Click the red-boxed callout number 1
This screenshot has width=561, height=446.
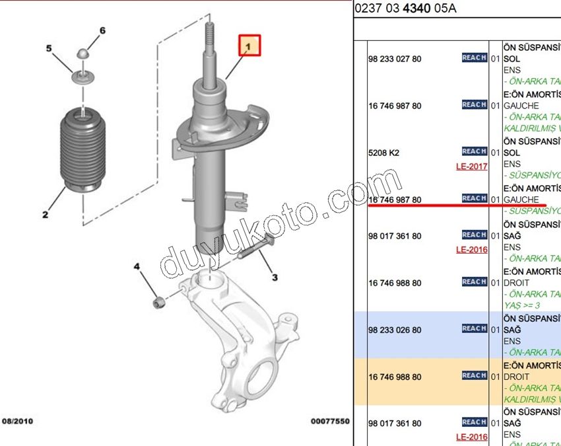click(249, 46)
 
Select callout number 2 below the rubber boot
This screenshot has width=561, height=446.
click(45, 214)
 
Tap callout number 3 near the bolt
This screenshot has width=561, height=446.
click(274, 278)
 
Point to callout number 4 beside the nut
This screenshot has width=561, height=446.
click(137, 267)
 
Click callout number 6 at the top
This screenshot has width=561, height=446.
click(102, 31)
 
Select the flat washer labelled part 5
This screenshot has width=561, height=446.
click(83, 78)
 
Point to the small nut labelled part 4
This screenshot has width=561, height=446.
click(158, 303)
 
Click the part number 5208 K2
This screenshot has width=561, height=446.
click(383, 153)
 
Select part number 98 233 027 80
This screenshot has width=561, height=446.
click(395, 59)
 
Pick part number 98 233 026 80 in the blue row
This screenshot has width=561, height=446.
click(395, 330)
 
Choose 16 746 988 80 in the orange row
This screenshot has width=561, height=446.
click(395, 377)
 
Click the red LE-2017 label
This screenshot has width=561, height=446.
click(471, 167)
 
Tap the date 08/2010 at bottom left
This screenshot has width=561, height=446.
click(18, 421)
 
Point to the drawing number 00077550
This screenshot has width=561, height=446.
click(329, 421)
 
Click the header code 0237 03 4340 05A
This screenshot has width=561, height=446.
click(405, 9)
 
